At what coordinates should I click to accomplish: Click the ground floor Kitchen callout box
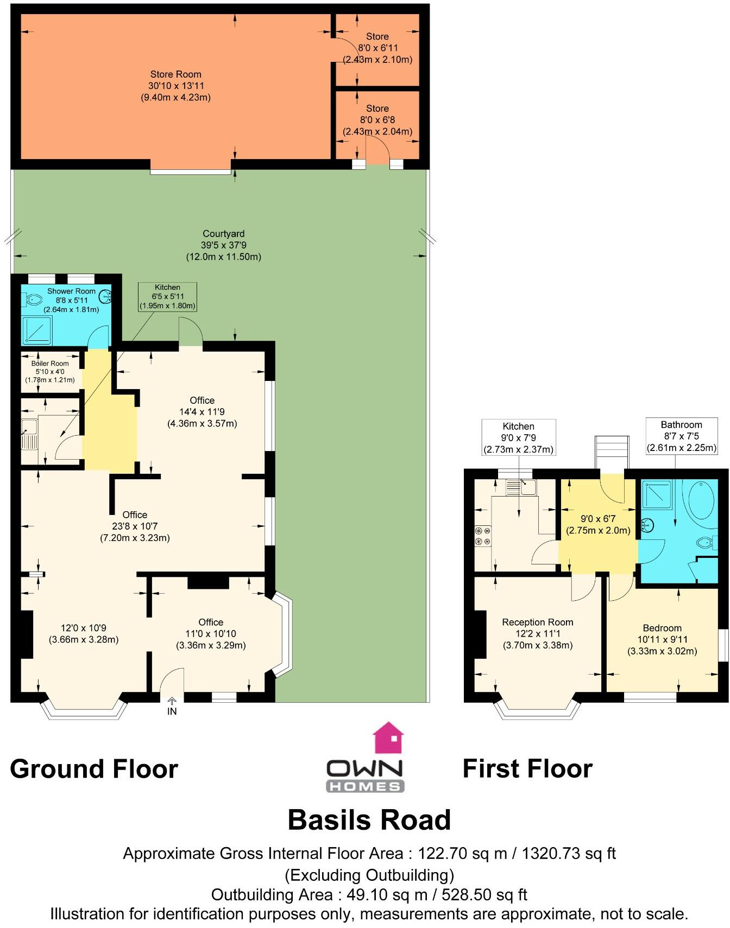coord(167,296)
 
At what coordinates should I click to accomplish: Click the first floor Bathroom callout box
coord(681,436)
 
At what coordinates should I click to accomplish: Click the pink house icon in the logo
coord(388,738)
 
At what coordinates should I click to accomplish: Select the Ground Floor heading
coord(94,769)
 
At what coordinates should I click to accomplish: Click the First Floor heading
coord(527,769)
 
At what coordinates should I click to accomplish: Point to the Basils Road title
coord(369,820)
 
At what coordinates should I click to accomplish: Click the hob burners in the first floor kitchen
coord(482,536)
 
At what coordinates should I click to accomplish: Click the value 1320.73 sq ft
coord(569,854)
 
